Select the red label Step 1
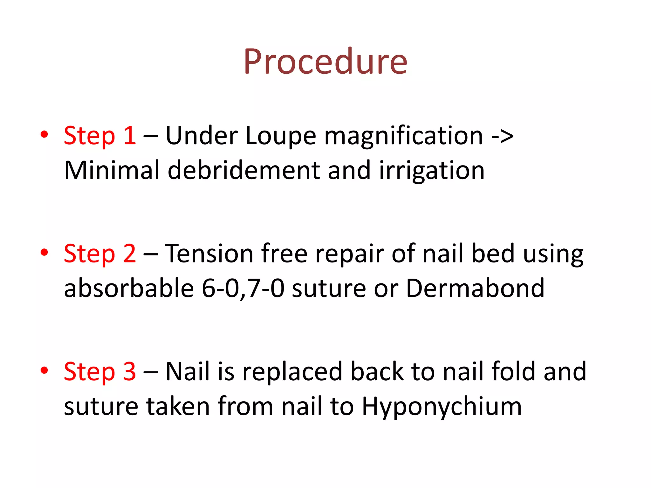coord(100,136)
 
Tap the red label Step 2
coord(100,254)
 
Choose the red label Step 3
coord(100,371)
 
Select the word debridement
coord(243,171)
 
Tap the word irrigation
coord(432,171)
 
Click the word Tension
coord(209,254)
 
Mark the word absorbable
coord(129,288)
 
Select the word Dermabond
coord(475,288)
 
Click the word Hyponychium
coord(442,407)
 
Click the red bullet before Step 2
coord(44,252)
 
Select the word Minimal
coord(112,171)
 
